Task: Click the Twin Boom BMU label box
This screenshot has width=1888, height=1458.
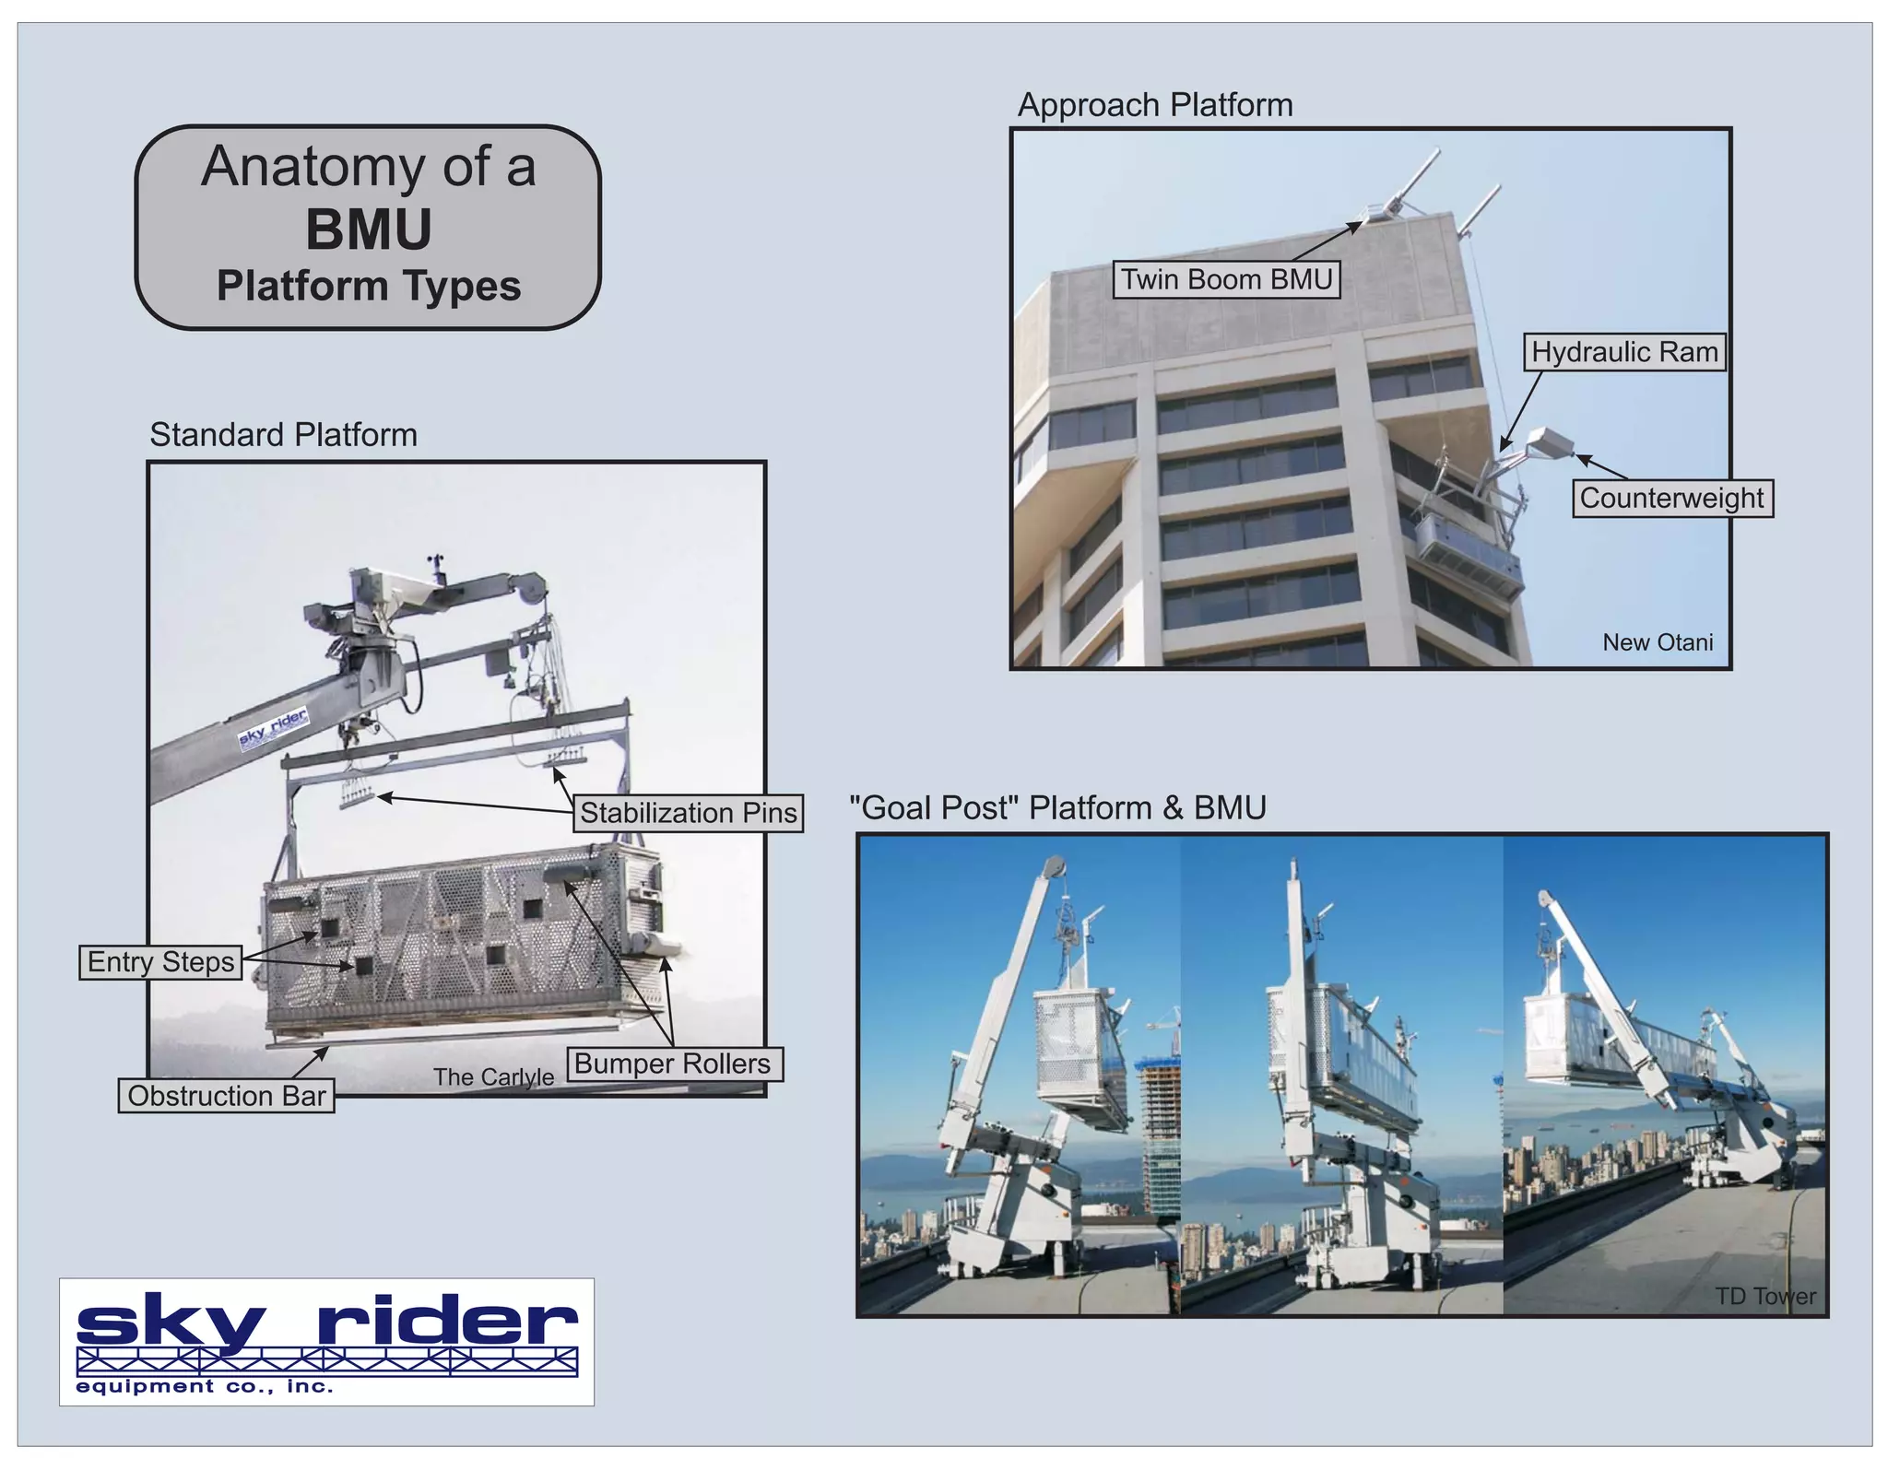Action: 1226,279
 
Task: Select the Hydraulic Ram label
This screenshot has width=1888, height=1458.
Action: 1623,352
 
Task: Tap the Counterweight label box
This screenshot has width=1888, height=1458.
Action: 1671,498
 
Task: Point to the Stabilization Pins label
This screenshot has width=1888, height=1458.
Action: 688,813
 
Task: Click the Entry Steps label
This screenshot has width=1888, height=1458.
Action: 160,962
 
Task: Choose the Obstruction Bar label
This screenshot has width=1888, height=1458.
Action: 226,1096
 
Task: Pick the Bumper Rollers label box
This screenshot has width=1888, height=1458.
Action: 673,1064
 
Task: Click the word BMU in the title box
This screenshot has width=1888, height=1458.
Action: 368,229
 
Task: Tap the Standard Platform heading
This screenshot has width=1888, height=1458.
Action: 283,434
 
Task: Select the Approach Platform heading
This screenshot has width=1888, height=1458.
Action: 1154,105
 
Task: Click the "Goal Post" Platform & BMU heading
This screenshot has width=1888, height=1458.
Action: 1056,807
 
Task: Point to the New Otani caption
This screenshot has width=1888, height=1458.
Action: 1657,642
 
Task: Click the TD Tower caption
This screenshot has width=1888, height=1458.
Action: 1764,1296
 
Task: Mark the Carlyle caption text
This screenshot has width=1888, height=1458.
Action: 493,1076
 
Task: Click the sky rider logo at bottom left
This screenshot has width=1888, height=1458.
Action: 326,1341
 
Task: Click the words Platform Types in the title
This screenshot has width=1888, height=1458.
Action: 368,286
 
